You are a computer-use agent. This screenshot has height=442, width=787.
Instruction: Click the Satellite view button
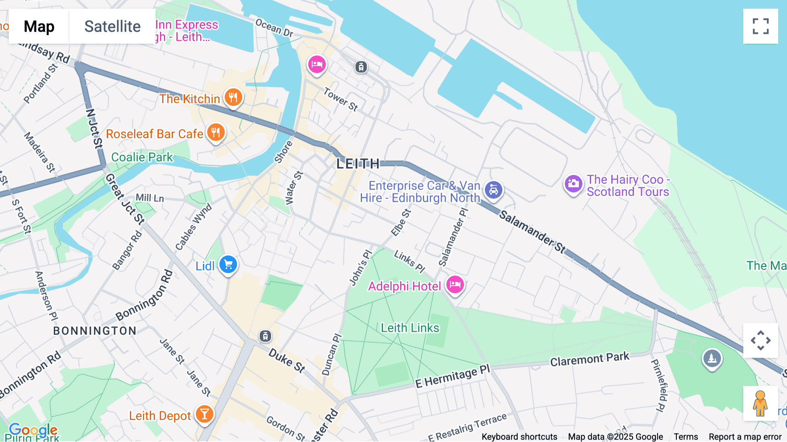[112, 26]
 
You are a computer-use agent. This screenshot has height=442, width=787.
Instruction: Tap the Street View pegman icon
[760, 403]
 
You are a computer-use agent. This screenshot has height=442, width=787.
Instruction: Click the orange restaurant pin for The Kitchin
[233, 97]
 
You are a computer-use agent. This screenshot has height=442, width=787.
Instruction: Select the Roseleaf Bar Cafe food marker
[216, 132]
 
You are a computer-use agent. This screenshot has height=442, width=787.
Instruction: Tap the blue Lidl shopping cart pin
[228, 265]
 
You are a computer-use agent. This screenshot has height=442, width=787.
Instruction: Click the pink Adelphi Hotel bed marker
[455, 285]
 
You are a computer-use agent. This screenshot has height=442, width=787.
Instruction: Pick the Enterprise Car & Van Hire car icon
[494, 190]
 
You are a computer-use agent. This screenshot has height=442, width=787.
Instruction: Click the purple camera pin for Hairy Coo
[573, 184]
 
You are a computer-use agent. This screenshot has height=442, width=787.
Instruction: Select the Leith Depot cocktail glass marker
[204, 414]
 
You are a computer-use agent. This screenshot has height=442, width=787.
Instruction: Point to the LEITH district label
[358, 164]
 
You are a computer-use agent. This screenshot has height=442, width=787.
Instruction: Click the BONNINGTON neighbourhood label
[95, 331]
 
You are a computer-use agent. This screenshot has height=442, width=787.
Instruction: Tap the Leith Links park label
[410, 328]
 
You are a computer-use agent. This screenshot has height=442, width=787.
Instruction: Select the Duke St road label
[287, 360]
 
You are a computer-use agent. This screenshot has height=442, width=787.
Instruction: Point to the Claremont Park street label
[589, 359]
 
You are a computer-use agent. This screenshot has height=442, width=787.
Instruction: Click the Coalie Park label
[142, 157]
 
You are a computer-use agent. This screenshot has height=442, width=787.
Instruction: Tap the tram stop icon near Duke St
[265, 336]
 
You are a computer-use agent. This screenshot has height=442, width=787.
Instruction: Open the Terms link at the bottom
[686, 437]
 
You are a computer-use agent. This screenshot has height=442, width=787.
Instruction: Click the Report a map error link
[745, 437]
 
